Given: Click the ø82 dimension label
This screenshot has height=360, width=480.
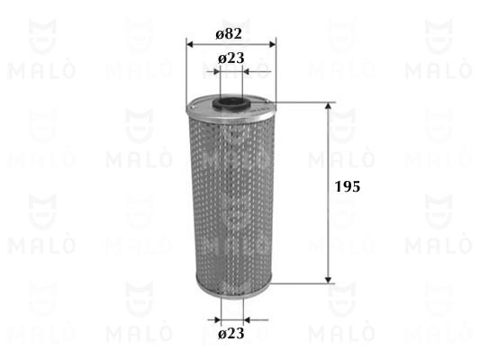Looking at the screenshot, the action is tap(229, 33).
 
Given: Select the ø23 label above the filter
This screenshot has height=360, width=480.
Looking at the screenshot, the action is tap(231, 58).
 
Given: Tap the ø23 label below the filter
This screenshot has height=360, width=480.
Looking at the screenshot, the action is tap(231, 333).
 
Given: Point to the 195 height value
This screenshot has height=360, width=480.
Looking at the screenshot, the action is tap(348, 186).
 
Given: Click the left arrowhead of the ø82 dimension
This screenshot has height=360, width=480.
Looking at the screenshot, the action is tap(190, 45).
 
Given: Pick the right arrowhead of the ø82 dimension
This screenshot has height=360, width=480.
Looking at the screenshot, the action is tap(273, 45).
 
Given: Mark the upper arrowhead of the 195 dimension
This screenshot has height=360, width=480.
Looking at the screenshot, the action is tap(328, 106).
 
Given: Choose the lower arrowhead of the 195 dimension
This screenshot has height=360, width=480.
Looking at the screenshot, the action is tap(328, 280).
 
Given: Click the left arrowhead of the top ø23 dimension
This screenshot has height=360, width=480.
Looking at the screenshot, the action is tap(217, 72).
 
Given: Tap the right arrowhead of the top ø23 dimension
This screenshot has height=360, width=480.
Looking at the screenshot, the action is tap(246, 72).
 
